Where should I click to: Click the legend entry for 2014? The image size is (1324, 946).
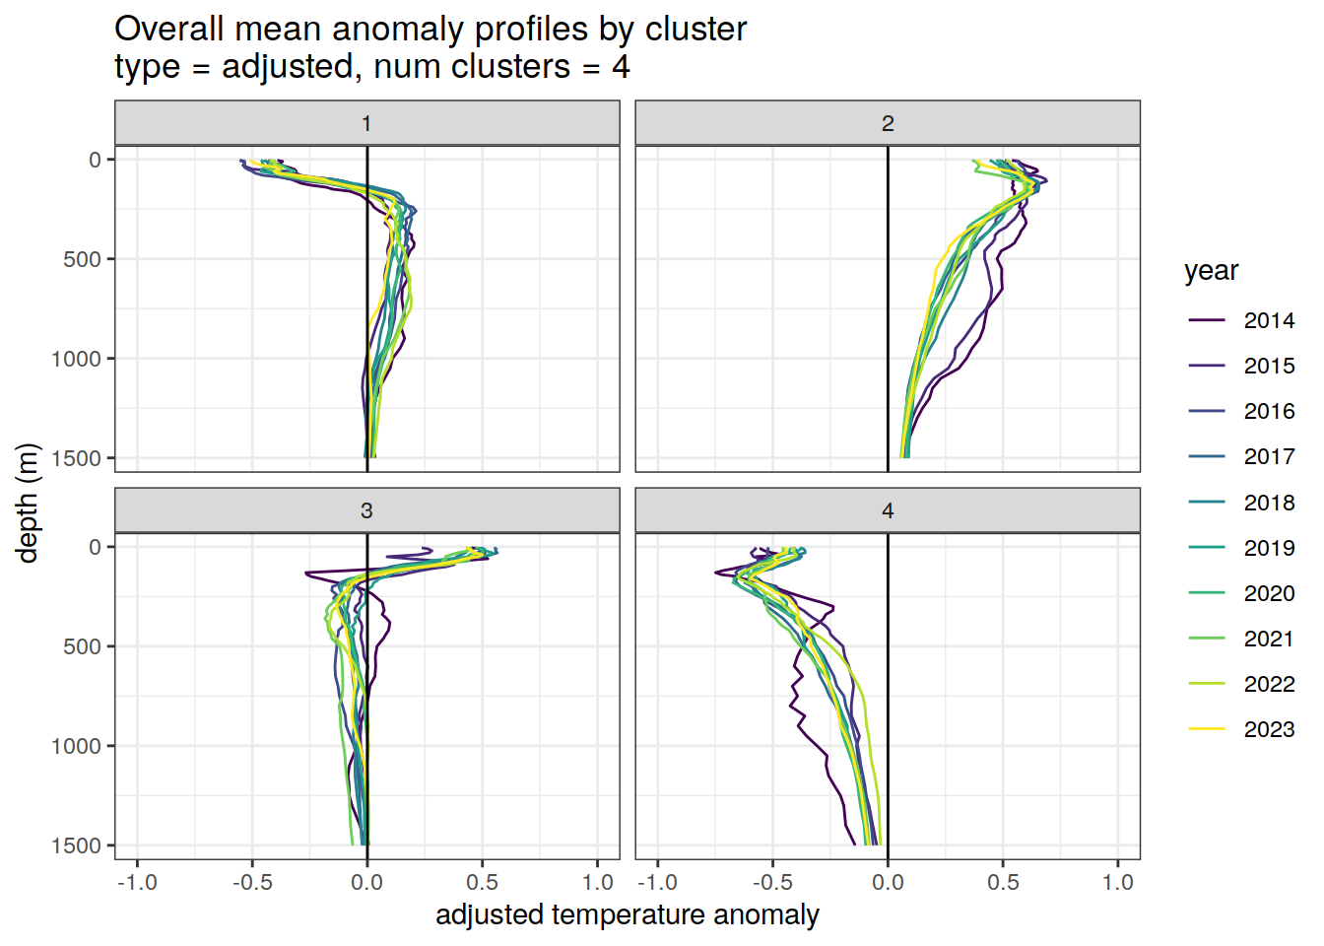pyautogui.click(x=1268, y=320)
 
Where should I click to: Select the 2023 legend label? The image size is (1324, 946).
pyautogui.click(x=1268, y=729)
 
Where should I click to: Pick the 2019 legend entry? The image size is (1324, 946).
pyautogui.click(x=1268, y=548)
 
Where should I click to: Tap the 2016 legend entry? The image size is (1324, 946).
pyautogui.click(x=1268, y=411)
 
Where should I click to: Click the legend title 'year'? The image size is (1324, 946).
pyautogui.click(x=1211, y=271)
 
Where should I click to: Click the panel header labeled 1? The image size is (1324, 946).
pyautogui.click(x=366, y=123)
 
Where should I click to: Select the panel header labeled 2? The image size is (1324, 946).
pyautogui.click(x=888, y=123)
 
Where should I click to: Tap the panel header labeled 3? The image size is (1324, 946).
pyautogui.click(x=366, y=510)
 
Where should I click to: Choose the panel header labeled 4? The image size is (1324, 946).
pyautogui.click(x=888, y=510)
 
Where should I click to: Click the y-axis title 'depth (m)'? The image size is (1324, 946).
pyautogui.click(x=28, y=503)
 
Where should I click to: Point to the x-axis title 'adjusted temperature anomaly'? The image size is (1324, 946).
pyautogui.click(x=628, y=914)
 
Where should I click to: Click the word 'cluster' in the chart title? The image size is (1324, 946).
pyautogui.click(x=695, y=29)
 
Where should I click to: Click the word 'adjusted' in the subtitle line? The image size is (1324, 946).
pyautogui.click(x=287, y=67)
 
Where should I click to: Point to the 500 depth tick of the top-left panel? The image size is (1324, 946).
pyautogui.click(x=83, y=259)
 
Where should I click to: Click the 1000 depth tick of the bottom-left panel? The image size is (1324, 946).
pyautogui.click(x=77, y=746)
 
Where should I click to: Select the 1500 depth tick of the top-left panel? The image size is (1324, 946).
pyautogui.click(x=77, y=458)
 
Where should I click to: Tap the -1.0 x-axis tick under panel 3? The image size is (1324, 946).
pyautogui.click(x=137, y=882)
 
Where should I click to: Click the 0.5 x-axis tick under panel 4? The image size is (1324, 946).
pyautogui.click(x=1003, y=882)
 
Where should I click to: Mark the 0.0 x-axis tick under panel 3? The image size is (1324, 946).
pyautogui.click(x=366, y=882)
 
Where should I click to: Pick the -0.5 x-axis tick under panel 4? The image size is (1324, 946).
pyautogui.click(x=772, y=882)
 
